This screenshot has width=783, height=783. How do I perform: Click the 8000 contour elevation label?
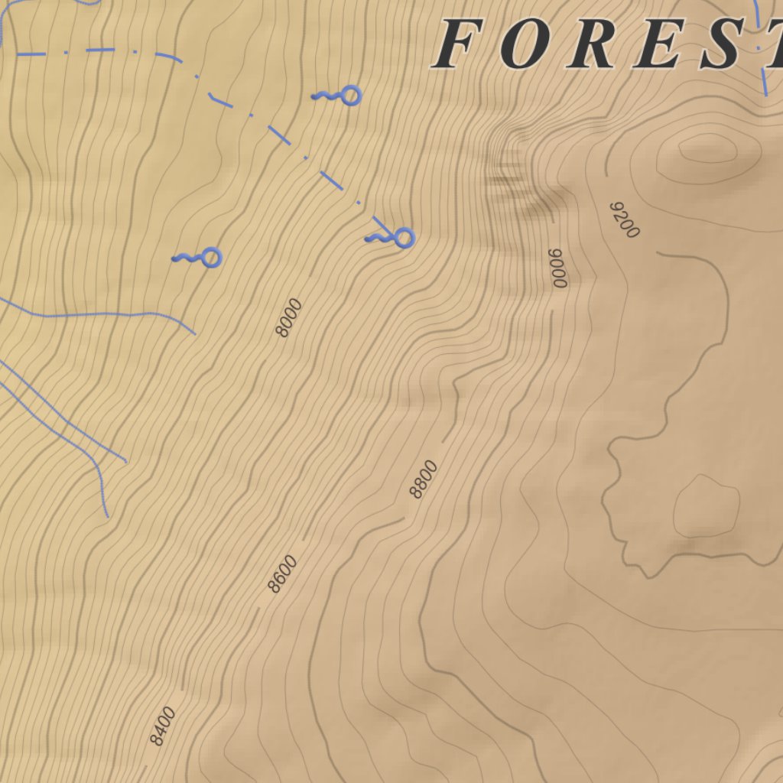point(289,317)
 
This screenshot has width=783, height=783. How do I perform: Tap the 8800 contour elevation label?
point(424,479)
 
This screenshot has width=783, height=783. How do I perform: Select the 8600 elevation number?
point(282,574)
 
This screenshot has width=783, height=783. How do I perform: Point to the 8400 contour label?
point(162,726)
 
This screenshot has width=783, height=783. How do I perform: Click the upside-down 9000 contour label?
point(558,268)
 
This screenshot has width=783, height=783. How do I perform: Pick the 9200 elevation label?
point(624,220)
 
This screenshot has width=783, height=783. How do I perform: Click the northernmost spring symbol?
point(349,96)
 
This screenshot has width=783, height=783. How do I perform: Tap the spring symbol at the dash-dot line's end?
point(403,238)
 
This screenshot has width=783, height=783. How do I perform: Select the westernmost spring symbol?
point(210,258)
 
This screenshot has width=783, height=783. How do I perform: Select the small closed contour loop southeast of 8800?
point(707,505)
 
